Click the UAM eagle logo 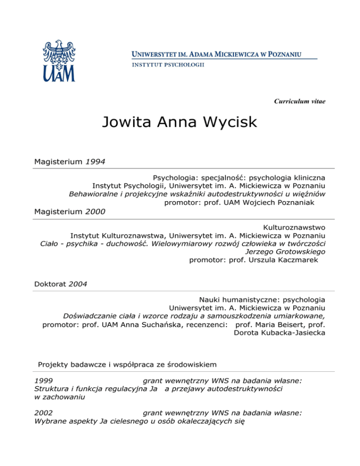point(59,60)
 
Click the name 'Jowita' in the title point(124,123)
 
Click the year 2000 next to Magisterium point(95,211)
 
